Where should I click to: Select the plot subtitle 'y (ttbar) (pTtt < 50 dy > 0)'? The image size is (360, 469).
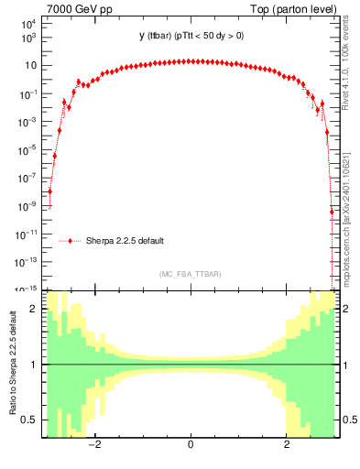(x=190, y=36)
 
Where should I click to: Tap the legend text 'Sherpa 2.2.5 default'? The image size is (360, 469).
(x=125, y=241)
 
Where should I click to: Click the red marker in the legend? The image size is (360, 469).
(x=71, y=241)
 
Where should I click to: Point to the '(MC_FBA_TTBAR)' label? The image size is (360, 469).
(x=190, y=274)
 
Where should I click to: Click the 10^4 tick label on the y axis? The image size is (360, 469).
(x=27, y=25)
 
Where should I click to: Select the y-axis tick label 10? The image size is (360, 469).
(x=30, y=66)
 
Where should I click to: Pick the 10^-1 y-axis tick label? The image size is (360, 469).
(x=27, y=94)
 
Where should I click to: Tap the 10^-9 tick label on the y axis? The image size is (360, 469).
(x=27, y=206)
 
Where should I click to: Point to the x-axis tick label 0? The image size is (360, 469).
(x=190, y=445)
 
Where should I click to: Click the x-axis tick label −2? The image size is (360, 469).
(x=92, y=445)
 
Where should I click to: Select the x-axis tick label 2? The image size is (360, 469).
(x=287, y=445)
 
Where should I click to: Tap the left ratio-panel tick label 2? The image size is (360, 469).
(x=35, y=310)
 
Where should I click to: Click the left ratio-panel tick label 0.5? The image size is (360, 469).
(x=30, y=420)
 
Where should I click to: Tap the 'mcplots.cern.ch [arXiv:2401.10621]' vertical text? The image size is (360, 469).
(x=345, y=206)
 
